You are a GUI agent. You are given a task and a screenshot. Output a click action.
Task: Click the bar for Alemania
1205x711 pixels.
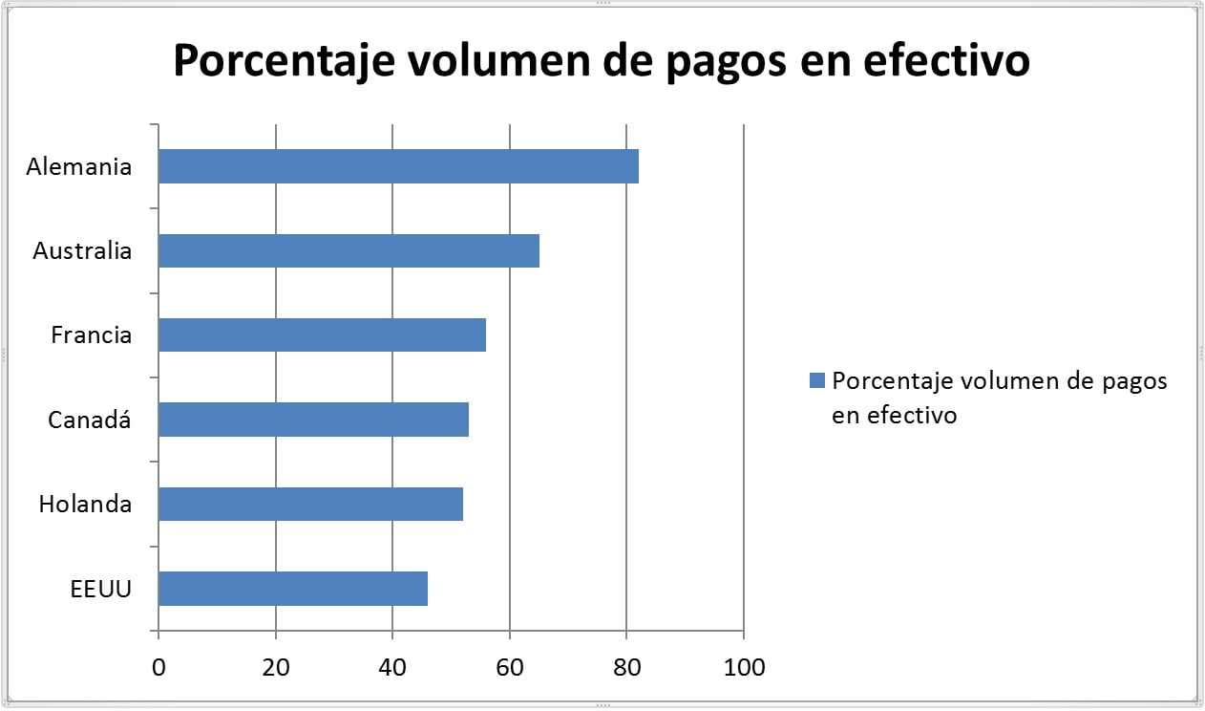pyautogui.click(x=398, y=166)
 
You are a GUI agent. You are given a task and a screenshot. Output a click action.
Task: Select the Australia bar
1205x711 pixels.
pyautogui.click(x=349, y=251)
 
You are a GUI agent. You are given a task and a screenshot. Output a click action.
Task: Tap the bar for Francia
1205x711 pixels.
pyautogui.click(x=322, y=335)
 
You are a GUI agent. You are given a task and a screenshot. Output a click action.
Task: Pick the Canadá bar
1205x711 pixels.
pyautogui.click(x=313, y=420)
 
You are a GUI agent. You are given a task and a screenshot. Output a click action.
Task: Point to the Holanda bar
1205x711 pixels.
pyautogui.click(x=310, y=504)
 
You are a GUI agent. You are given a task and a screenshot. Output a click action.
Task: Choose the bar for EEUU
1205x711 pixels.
pyautogui.click(x=292, y=589)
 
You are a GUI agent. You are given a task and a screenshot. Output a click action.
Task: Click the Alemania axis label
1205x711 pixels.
pyautogui.click(x=79, y=167)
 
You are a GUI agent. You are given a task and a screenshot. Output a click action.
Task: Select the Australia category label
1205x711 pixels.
pyautogui.click(x=82, y=251)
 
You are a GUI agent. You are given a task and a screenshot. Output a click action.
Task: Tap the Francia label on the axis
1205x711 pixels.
pyautogui.click(x=92, y=335)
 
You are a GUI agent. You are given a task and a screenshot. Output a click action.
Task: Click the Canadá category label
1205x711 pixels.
pyautogui.click(x=90, y=420)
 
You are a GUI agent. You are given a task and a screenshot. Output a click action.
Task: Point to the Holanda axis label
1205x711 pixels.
pyautogui.click(x=85, y=504)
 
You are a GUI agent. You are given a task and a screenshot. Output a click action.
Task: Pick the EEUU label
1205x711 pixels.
pyautogui.click(x=101, y=589)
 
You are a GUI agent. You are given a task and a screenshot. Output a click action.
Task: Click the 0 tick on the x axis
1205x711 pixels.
pyautogui.click(x=159, y=667)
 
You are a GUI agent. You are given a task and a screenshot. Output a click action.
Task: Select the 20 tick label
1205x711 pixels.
pyautogui.click(x=276, y=667)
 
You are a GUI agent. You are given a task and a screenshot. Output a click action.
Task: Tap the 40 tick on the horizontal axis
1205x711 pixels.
pyautogui.click(x=392, y=667)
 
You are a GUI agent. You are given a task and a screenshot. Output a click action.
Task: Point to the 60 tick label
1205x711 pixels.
pyautogui.click(x=510, y=667)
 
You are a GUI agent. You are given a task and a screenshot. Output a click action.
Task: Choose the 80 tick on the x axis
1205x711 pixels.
pyautogui.click(x=626, y=667)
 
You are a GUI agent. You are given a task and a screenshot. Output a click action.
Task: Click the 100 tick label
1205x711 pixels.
pyautogui.click(x=744, y=667)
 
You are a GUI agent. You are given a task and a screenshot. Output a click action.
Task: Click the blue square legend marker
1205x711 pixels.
pyautogui.click(x=816, y=381)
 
